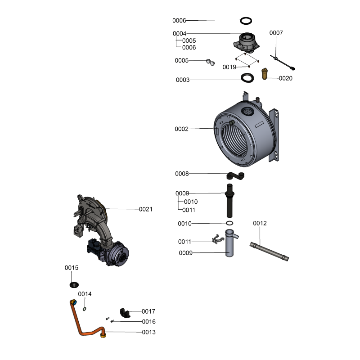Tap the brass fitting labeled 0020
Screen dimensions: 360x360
coord(265,74)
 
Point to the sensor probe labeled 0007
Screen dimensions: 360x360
coord(282,62)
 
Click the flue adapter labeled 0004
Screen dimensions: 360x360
coord(247,42)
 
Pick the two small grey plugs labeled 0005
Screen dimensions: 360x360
coord(210,62)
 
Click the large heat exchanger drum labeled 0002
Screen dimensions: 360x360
coord(246,130)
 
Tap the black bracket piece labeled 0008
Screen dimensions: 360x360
coord(235,175)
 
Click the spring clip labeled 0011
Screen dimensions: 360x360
coord(218,239)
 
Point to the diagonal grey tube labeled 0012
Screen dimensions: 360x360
coord(269,252)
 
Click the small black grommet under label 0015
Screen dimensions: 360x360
coord(74,285)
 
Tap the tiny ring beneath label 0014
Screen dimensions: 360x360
coord(85,309)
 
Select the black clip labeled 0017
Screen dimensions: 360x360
coord(125,313)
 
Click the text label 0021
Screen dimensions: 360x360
coord(145,209)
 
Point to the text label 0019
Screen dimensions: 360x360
coord(229,67)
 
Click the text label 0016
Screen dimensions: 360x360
coord(149,322)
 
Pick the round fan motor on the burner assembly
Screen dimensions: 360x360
coord(118,253)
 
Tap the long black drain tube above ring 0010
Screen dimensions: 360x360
coord(229,200)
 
